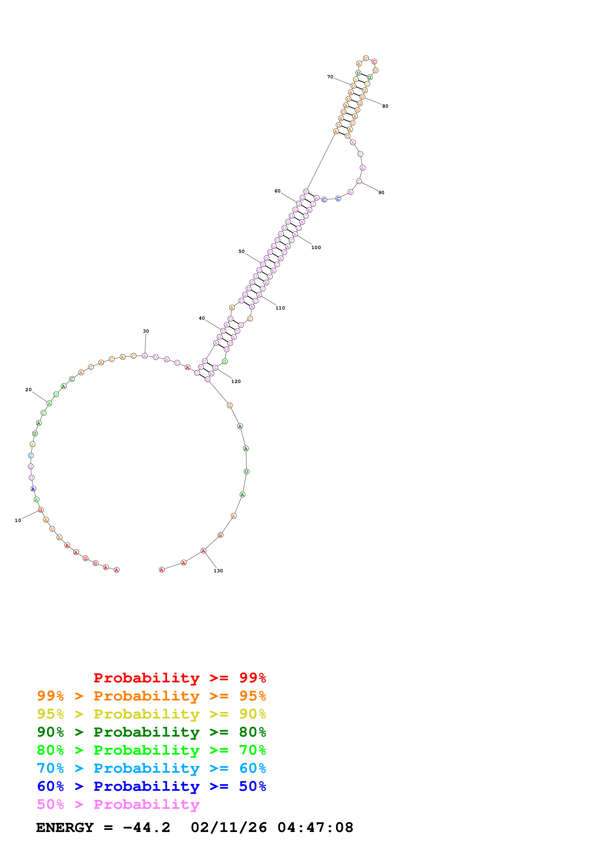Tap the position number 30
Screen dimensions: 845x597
pyautogui.click(x=146, y=331)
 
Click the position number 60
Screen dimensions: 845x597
pyautogui.click(x=277, y=191)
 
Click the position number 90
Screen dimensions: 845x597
pyautogui.click(x=381, y=192)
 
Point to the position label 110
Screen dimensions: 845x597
pyautogui.click(x=280, y=308)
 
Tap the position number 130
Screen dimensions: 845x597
pyautogui.click(x=218, y=571)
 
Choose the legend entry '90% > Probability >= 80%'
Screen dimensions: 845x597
pyautogui.click(x=151, y=732)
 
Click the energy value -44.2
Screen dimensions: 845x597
pyautogui.click(x=146, y=828)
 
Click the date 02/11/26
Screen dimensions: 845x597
pyautogui.click(x=229, y=828)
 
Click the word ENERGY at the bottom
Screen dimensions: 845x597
pyautogui.click(x=65, y=828)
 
